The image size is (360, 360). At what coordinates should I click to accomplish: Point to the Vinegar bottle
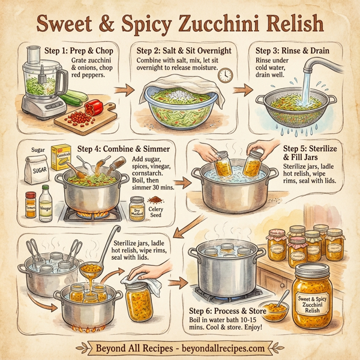pos(46,204)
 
